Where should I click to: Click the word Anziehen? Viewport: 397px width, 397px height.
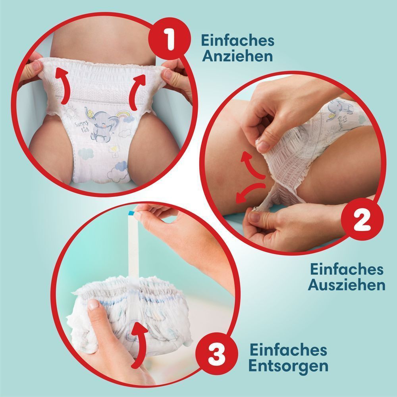[x=237, y=56]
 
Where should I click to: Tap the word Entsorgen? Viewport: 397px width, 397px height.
[x=289, y=366]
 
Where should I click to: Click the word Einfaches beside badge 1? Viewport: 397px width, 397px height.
[x=237, y=40]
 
